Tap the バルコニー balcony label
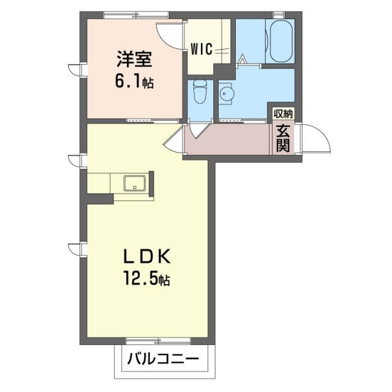tap(163, 360)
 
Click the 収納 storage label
tap(283, 114)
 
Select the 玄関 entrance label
tap(282, 138)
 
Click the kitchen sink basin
tap(134, 183)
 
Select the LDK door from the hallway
tap(174, 142)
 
